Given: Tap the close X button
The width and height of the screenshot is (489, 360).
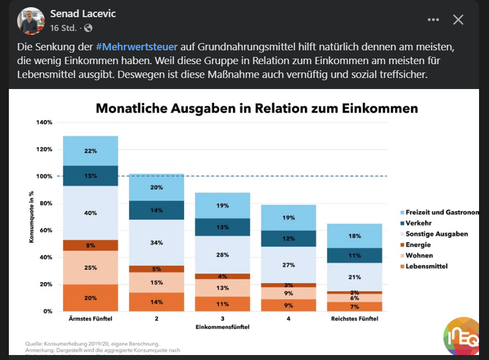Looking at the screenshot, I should pos(458,20).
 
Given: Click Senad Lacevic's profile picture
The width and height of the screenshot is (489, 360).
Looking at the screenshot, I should pos(30,21).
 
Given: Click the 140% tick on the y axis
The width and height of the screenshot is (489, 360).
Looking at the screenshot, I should pos(45,122).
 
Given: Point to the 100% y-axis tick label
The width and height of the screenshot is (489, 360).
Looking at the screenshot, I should pos(45,176).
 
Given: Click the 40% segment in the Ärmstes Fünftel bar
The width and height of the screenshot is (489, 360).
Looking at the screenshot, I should pos(91,213).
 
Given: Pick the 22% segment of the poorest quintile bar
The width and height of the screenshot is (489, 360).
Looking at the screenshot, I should pos(91,151).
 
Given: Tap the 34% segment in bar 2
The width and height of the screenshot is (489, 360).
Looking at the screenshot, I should pos(157,243).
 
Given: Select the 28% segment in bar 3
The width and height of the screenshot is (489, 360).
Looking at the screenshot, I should pos(222,254).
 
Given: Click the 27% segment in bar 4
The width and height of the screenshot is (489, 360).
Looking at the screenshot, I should pos(288,265).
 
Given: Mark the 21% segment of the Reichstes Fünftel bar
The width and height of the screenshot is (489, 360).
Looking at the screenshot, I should pos(354,277).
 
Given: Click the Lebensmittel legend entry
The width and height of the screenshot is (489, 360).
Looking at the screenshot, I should pos(426,266).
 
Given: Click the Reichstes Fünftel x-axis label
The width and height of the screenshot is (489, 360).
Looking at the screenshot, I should pos(355,319).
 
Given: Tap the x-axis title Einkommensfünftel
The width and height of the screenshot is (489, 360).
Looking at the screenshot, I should pos(222,327).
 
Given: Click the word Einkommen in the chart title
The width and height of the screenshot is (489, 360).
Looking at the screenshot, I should pos(382,108).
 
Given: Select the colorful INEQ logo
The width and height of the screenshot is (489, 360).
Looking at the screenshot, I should pos(462,336).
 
